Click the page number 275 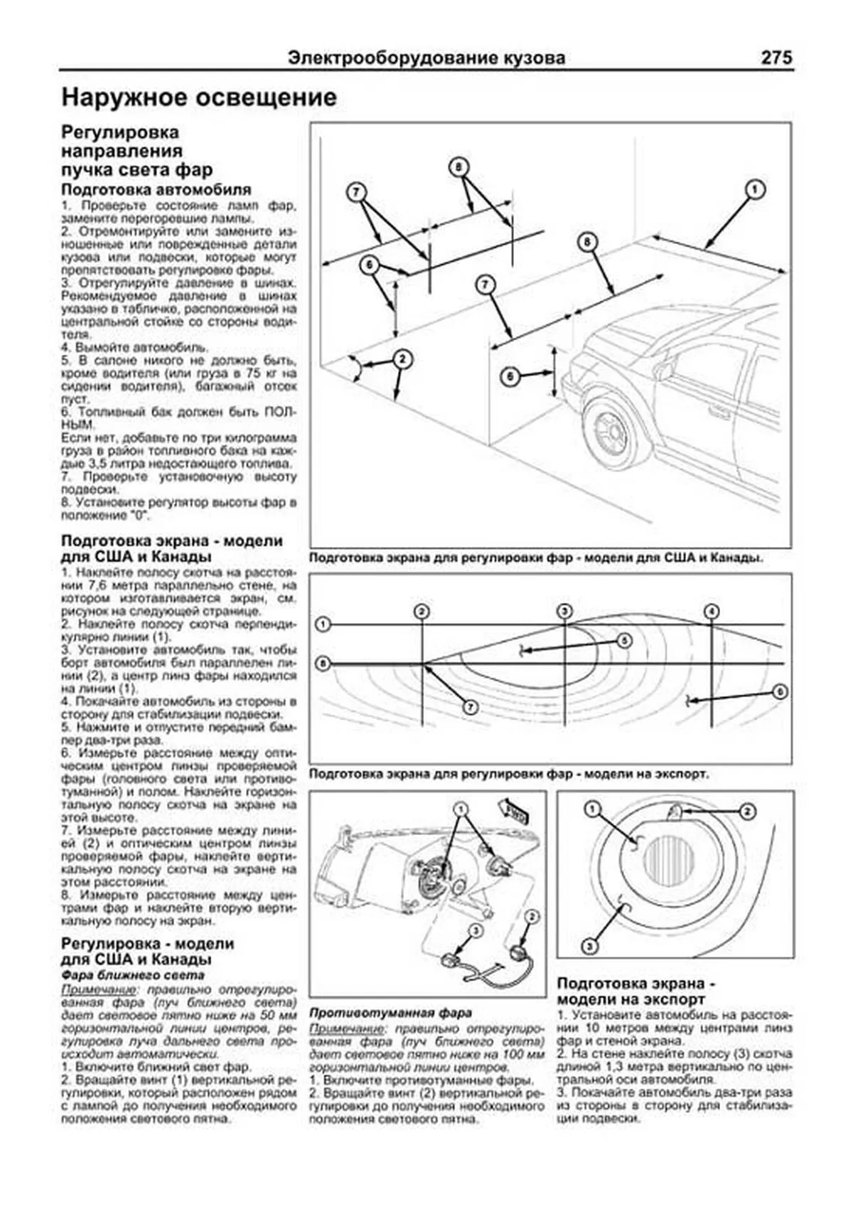tap(776, 58)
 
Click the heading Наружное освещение tap(199, 97)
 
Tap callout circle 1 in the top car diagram tap(754, 189)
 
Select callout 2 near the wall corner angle tap(402, 359)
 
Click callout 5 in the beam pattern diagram tap(623, 640)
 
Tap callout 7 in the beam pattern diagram tap(470, 707)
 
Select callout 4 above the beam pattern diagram tap(711, 612)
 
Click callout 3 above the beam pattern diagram tap(564, 612)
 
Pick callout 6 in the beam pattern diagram tap(779, 691)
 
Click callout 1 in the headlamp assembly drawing tap(461, 809)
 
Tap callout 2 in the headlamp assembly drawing tap(531, 917)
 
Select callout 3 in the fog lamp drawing tap(589, 946)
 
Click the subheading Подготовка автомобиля tap(156, 190)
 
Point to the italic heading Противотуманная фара tap(391, 1012)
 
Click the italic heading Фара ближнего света tap(133, 975)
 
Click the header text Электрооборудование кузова tap(426, 58)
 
